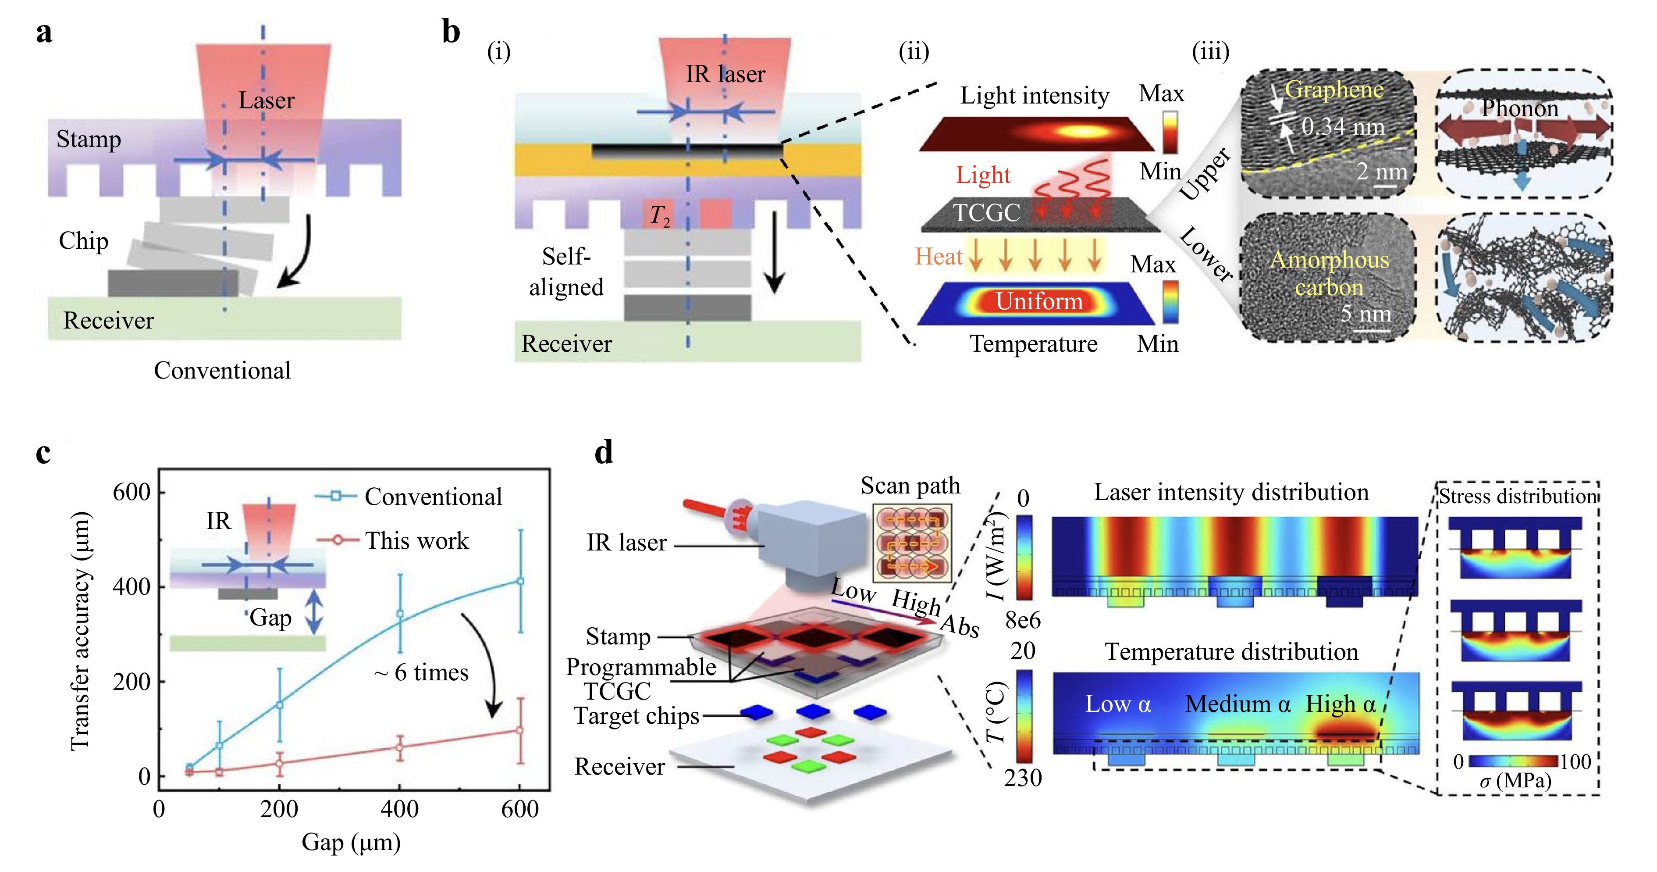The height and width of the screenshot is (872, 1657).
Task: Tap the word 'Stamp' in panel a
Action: click(x=88, y=139)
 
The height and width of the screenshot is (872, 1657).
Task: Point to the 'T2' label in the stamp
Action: click(x=659, y=215)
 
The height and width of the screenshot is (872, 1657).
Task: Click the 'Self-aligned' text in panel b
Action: click(x=566, y=272)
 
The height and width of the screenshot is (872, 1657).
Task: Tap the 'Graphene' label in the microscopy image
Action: click(x=1333, y=89)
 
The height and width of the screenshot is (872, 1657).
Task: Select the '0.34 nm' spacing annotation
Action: click(x=1343, y=127)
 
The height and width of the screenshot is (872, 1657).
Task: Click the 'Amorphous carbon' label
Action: click(x=1329, y=273)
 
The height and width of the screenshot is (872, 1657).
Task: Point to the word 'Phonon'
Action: click(x=1519, y=108)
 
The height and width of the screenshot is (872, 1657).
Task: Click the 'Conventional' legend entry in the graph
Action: click(x=433, y=497)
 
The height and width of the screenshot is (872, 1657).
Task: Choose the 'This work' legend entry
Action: click(x=417, y=540)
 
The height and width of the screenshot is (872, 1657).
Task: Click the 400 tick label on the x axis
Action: click(x=399, y=809)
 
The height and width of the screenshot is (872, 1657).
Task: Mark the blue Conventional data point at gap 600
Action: click(x=520, y=581)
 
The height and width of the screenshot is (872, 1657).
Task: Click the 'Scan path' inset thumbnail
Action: click(x=911, y=543)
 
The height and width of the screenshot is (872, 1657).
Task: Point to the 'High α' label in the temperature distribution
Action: click(x=1341, y=704)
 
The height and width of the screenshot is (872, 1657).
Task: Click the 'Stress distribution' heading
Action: click(x=1518, y=496)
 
